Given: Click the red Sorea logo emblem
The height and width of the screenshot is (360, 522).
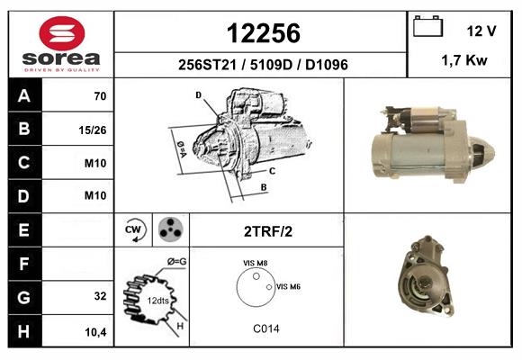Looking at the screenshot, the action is coord(62,33).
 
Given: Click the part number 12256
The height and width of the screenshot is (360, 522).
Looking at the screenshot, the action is coord(264,33).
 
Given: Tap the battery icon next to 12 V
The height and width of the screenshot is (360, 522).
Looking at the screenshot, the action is coord(427,26).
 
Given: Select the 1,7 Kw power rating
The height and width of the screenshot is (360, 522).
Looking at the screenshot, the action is coord(464,60).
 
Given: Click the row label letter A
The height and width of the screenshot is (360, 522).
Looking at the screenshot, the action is coord(24,96).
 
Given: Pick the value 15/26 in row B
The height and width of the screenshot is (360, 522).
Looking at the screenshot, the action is coord(93,130).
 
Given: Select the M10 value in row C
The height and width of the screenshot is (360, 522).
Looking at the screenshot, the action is coord(95,163).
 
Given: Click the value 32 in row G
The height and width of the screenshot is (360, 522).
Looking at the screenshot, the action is coord(100,296).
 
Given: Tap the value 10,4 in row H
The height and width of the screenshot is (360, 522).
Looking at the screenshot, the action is coord(95,332).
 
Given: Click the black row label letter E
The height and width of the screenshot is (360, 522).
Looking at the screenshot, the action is coord(23,229).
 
